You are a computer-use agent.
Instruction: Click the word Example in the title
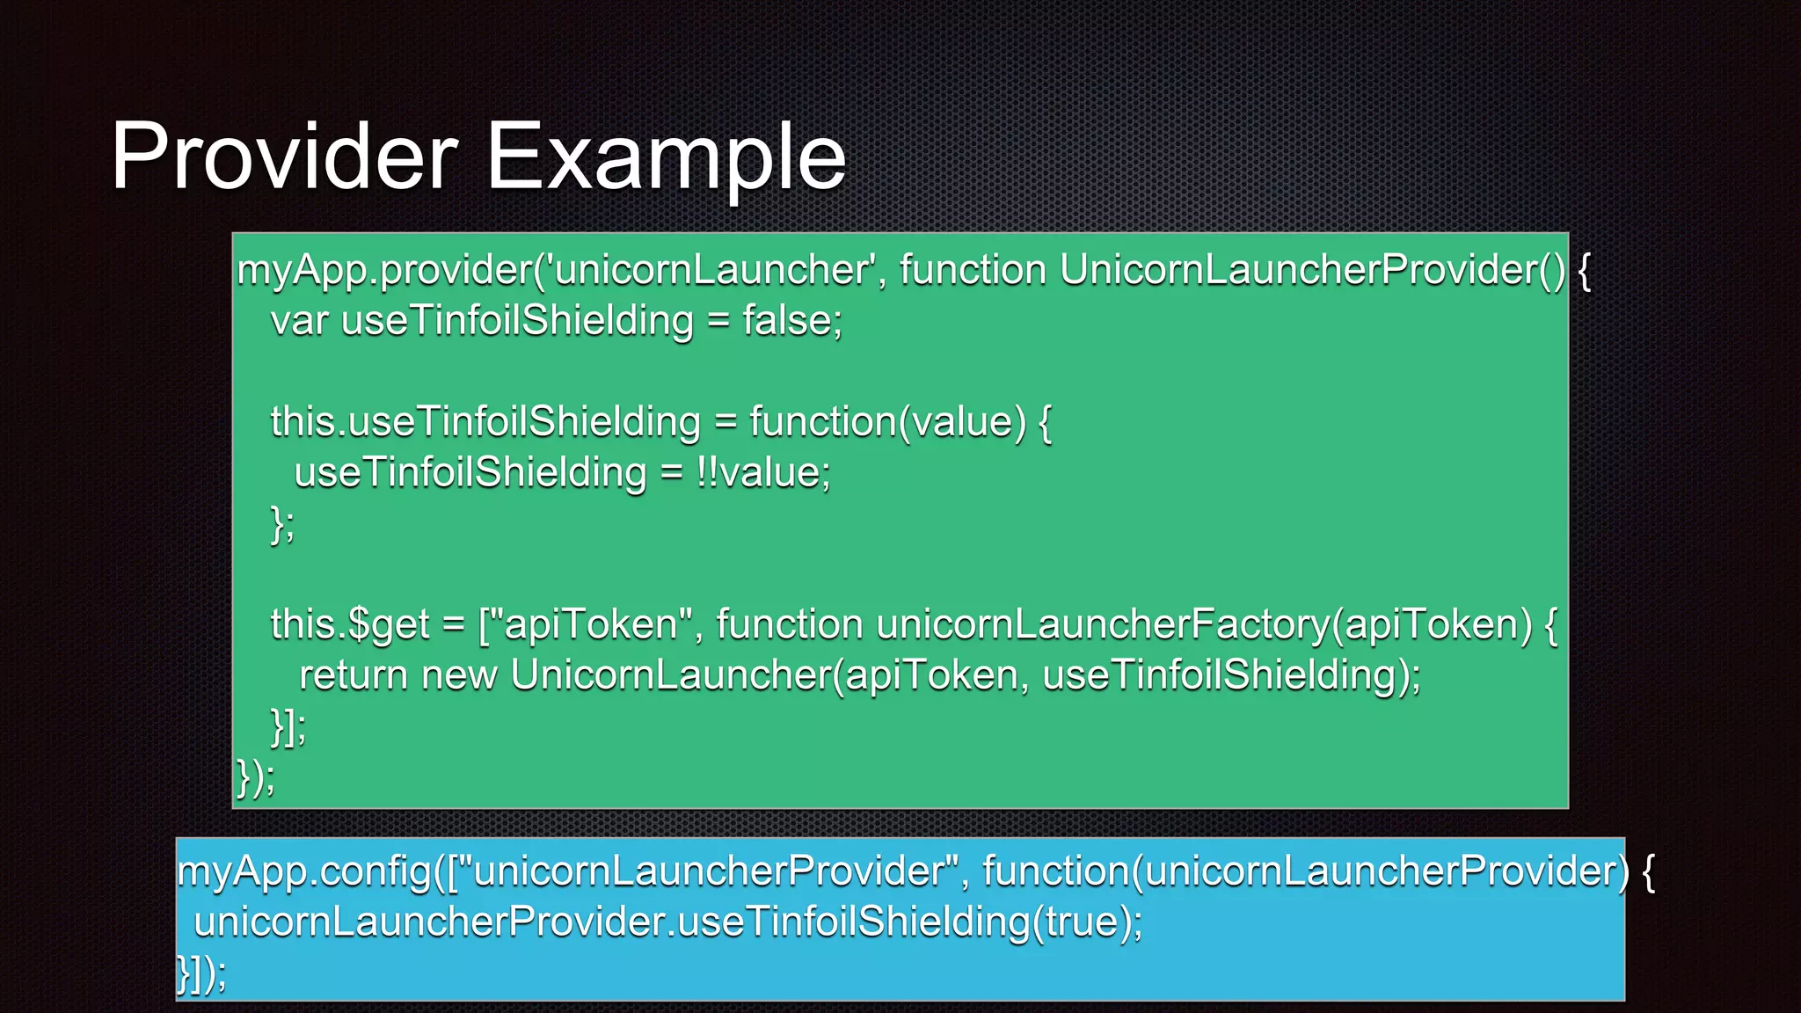pos(666,158)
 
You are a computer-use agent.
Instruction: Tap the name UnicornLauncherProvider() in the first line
pos(1312,270)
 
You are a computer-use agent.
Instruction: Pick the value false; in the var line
pos(792,320)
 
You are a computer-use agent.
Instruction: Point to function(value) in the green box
pos(888,422)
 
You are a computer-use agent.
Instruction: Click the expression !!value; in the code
pos(763,473)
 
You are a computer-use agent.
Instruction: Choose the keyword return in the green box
pos(354,676)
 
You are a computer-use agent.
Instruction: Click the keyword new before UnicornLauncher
pos(459,676)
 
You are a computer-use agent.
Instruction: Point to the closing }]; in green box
pos(288,727)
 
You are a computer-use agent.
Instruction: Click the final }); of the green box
pos(256,778)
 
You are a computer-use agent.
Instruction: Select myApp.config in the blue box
pos(305,872)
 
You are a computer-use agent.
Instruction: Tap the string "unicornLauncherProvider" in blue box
pos(708,872)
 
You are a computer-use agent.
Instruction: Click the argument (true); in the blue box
pos(1087,922)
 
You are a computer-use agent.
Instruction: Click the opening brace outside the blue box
pos(1648,872)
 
